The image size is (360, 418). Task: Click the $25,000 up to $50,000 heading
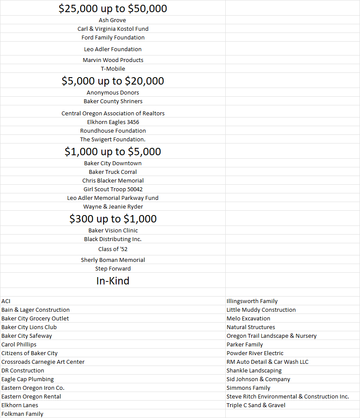point(113,9)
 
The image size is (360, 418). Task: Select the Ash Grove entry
point(113,20)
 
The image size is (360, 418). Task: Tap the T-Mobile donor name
point(113,69)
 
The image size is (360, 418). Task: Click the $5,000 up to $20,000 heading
point(113,81)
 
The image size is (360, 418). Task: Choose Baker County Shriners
point(113,101)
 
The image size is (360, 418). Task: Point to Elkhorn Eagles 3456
point(113,122)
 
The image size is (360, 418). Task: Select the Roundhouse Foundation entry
point(113,131)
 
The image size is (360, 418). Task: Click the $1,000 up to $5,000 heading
point(113,152)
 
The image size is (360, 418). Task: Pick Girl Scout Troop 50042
point(113,189)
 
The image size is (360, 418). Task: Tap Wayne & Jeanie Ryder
point(113,206)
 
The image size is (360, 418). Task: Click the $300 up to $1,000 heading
point(113,219)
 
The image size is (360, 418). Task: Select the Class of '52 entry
point(113,249)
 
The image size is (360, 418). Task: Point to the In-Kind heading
point(113,281)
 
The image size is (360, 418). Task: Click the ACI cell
point(6,301)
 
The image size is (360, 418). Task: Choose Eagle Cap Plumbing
point(27,379)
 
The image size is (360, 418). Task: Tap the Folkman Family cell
point(22,414)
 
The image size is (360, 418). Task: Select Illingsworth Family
point(252,301)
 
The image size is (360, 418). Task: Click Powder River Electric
point(255,353)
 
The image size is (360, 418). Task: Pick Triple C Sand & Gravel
point(256,405)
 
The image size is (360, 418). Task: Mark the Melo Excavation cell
point(248,318)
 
